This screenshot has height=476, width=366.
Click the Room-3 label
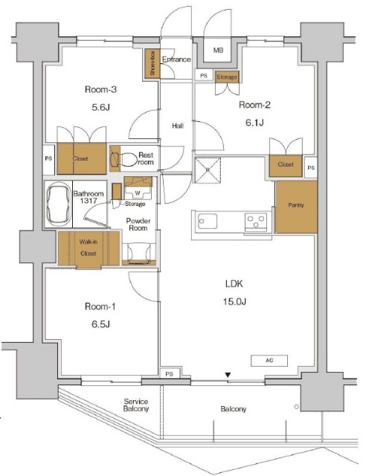pos(101,90)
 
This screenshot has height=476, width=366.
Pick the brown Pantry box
pos(295,205)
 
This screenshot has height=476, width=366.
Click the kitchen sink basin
pos(208,221)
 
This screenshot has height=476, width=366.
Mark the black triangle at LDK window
pos(229,375)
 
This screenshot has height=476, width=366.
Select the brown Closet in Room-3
pos(82,158)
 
